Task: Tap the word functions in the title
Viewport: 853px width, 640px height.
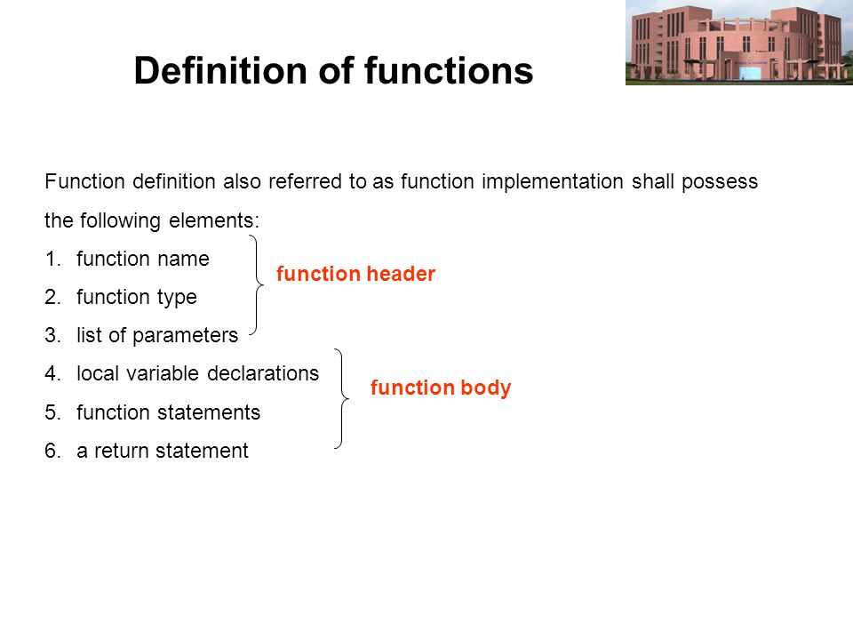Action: [449, 71]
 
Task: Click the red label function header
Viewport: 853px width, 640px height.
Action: [355, 274]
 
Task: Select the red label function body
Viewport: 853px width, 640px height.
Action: [441, 388]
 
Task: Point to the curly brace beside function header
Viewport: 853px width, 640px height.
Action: [256, 284]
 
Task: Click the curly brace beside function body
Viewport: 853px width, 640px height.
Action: [341, 398]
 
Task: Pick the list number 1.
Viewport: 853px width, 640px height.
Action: [52, 259]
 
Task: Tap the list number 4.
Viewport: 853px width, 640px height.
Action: [52, 374]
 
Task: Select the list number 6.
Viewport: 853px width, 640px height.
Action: [52, 452]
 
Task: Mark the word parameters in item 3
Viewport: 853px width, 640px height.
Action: [185, 336]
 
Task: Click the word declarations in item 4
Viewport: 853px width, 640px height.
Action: [263, 374]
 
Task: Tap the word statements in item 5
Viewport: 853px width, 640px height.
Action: [208, 413]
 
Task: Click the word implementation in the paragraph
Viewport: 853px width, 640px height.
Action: [552, 182]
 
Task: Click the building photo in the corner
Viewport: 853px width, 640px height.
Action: [739, 43]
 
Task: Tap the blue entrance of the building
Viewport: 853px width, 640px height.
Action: [745, 72]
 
